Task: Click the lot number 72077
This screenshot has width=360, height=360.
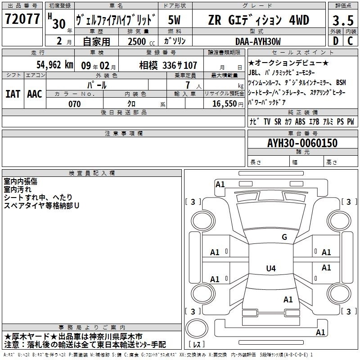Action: click(22, 19)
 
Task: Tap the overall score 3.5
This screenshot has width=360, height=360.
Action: click(343, 20)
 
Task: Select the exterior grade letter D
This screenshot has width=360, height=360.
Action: click(336, 41)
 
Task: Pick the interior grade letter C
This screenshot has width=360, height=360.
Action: click(350, 41)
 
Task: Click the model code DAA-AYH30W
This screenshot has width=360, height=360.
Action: click(258, 41)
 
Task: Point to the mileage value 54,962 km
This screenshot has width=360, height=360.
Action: click(55, 65)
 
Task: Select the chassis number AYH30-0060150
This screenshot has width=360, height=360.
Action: click(302, 143)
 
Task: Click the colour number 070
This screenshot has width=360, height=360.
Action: click(75, 104)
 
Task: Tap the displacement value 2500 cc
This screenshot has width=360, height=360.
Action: click(141, 41)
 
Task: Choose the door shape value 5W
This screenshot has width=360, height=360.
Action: click(174, 20)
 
